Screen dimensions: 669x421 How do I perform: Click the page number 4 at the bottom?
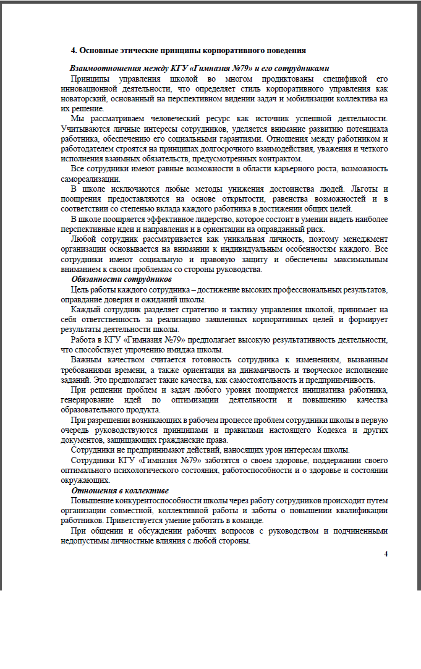click(386, 553)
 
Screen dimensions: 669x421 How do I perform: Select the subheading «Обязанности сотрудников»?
click(121, 279)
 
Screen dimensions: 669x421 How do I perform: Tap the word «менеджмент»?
click(362, 239)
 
